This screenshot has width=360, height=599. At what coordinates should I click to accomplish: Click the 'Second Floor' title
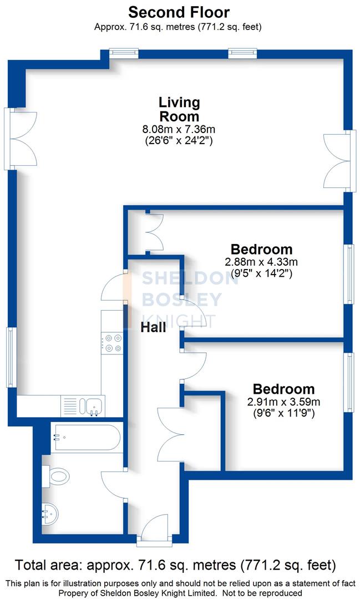(x=179, y=12)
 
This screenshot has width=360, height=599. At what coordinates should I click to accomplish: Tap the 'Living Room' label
(x=179, y=109)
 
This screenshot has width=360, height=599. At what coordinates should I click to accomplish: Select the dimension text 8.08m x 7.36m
(x=179, y=130)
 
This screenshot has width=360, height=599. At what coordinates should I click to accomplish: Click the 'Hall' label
(x=153, y=328)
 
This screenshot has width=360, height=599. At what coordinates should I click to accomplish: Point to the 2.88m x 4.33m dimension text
(x=261, y=262)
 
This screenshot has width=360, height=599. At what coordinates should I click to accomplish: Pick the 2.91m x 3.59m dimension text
(x=283, y=402)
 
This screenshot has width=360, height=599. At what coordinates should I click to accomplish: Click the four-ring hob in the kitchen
(x=113, y=342)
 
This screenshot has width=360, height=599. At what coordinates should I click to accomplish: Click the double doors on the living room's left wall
(x=21, y=139)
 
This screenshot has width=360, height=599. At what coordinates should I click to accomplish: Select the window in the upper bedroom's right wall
(x=349, y=275)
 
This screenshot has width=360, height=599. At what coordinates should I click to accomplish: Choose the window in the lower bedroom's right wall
(x=349, y=382)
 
